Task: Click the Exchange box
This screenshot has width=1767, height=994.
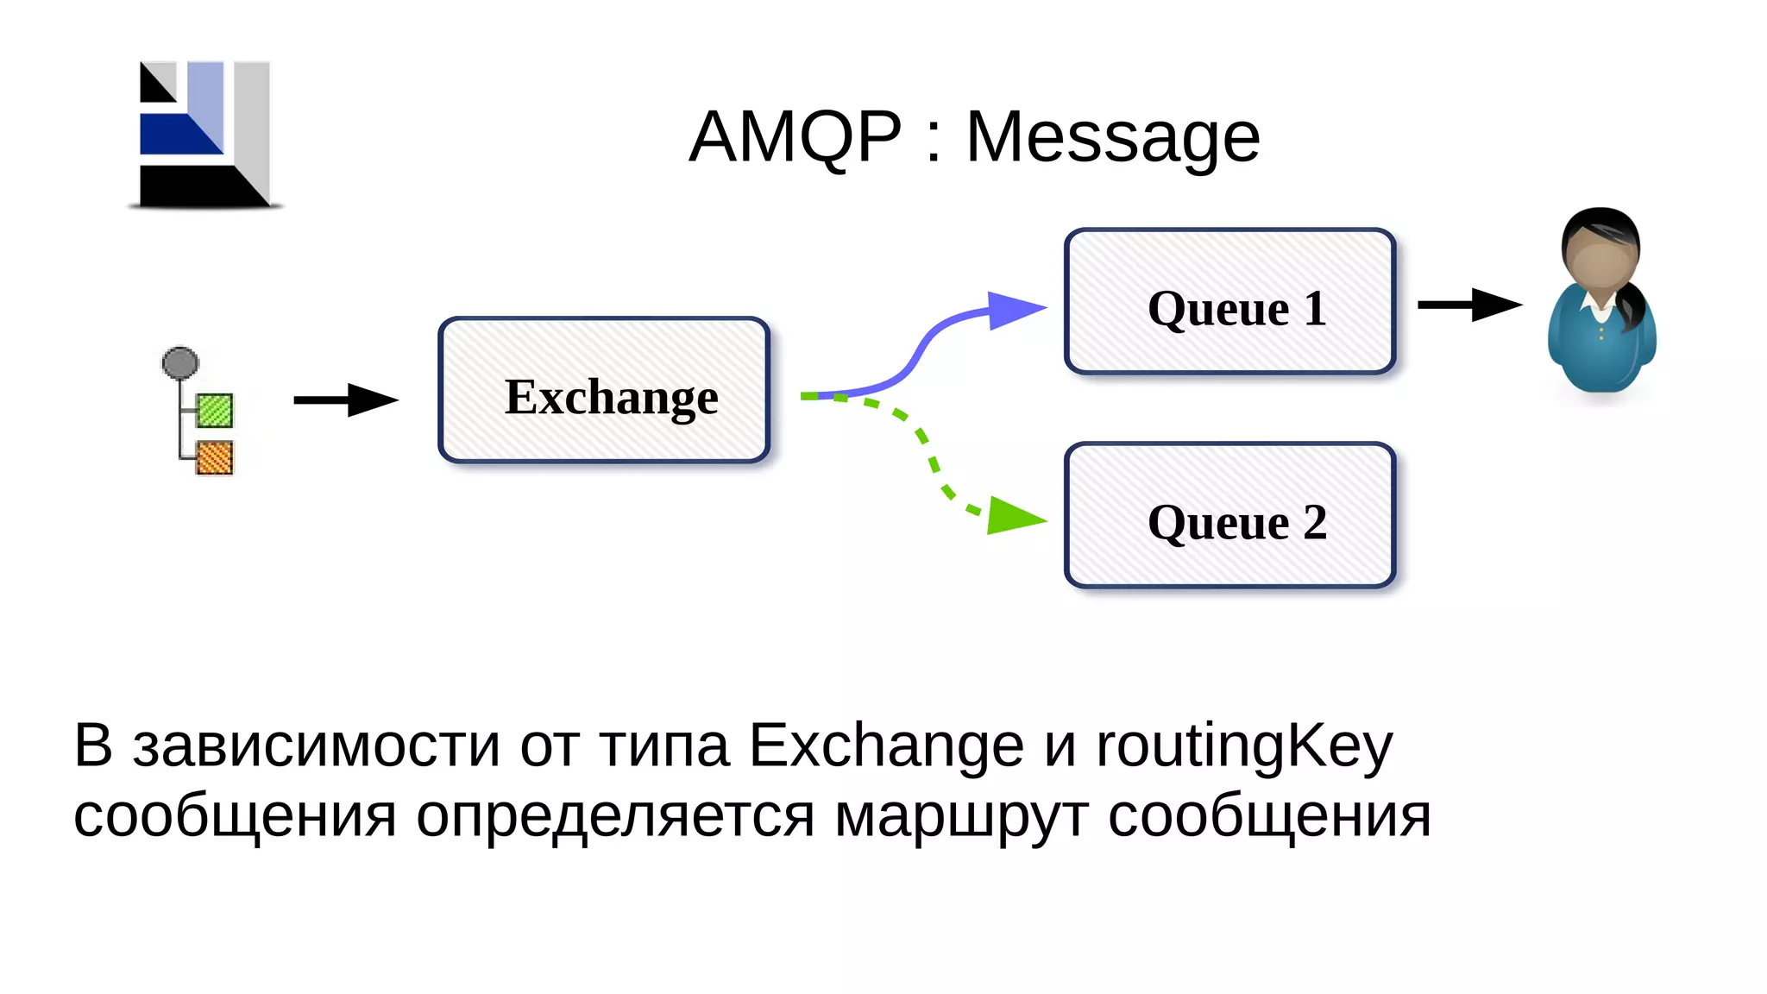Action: click(x=604, y=391)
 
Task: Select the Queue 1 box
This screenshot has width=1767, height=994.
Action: click(x=1229, y=302)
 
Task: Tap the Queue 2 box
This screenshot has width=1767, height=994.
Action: click(x=1229, y=516)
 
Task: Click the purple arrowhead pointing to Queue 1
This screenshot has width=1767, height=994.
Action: click(x=1014, y=309)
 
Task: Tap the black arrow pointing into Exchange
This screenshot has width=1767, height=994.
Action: click(x=345, y=399)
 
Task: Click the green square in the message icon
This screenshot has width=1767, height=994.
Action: click(x=215, y=411)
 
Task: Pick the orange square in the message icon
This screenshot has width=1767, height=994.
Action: click(x=215, y=458)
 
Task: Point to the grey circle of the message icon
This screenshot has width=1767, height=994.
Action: click(x=180, y=363)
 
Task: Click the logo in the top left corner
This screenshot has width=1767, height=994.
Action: click(x=205, y=135)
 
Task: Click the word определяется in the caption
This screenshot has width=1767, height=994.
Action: click(x=615, y=816)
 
